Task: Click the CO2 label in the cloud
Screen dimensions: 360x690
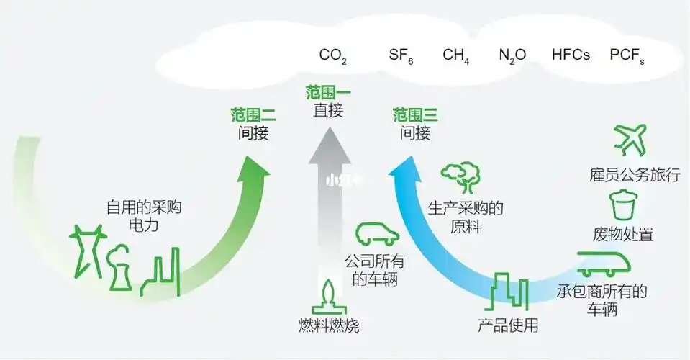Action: pos(333,56)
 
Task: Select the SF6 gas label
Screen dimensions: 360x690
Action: pos(401,56)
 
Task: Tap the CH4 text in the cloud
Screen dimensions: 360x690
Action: pos(456,56)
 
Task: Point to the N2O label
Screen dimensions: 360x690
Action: pos(512,56)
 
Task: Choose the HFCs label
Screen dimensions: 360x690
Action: pos(571,55)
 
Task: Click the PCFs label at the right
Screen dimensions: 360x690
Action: pos(627,56)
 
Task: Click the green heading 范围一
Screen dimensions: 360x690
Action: pos(328,93)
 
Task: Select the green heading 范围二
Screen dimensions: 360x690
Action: pos(253,115)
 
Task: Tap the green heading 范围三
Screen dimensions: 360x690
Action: pos(415,115)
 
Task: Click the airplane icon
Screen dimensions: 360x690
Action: pos(630,139)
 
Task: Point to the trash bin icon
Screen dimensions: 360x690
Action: pos(623,204)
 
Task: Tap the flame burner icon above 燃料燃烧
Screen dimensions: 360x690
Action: pos(329,296)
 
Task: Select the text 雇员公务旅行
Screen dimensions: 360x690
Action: pos(634,176)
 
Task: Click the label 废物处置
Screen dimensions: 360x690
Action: pos(623,235)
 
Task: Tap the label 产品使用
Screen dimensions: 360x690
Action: pos(508,325)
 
